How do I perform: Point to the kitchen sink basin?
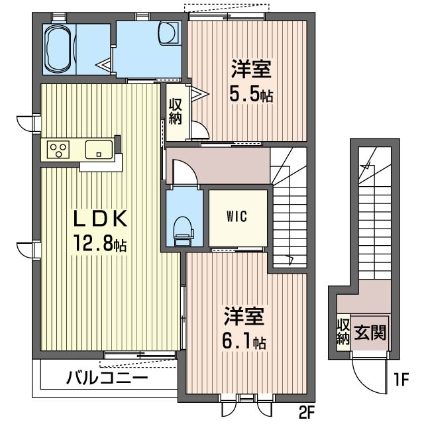pyautogui.click(x=97, y=150)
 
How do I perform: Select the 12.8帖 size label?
pyautogui.click(x=99, y=244)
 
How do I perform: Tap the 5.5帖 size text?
pyautogui.click(x=251, y=95)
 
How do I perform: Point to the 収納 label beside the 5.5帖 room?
pyautogui.click(x=176, y=111)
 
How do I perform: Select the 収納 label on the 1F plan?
pyautogui.click(x=343, y=331)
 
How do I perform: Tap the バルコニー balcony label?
pyautogui.click(x=107, y=379)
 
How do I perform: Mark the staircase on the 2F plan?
pyautogui.click(x=290, y=205)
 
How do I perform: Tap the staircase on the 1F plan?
pyautogui.click(x=376, y=219)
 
